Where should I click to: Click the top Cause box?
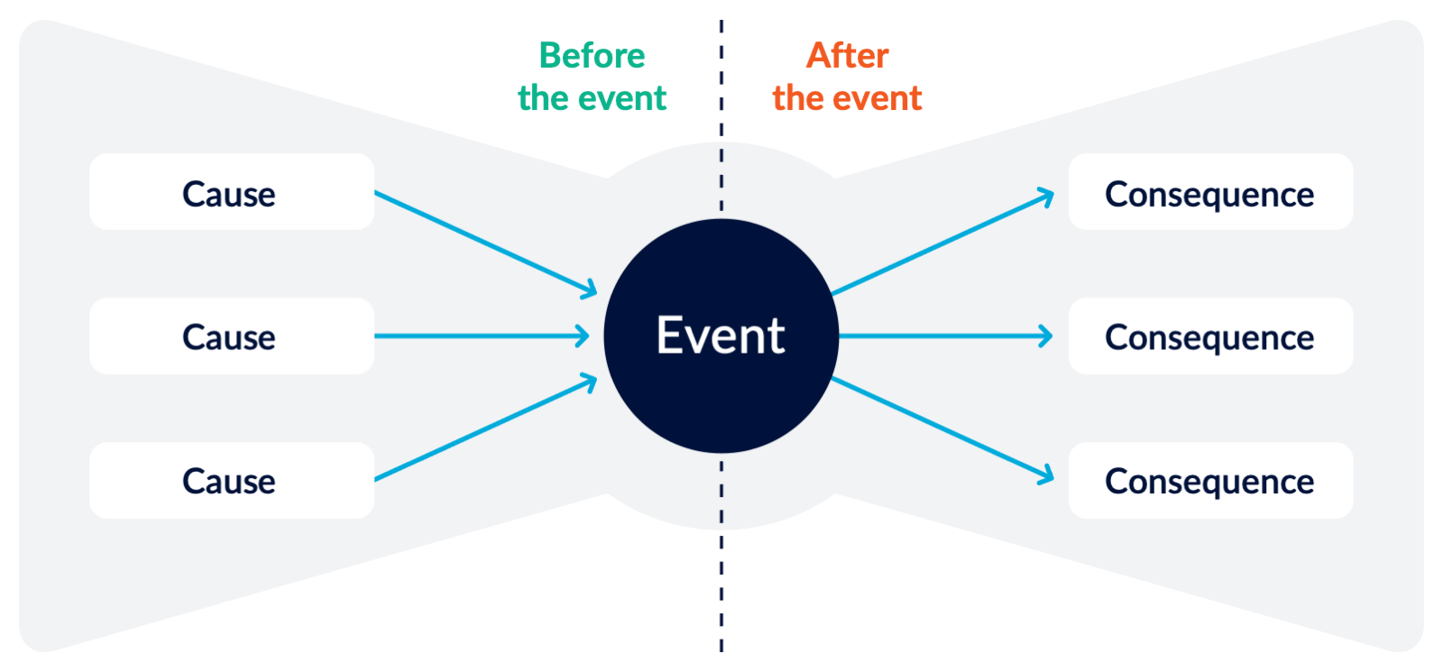pos(231,192)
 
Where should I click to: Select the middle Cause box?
pos(231,336)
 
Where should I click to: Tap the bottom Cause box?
pos(231,480)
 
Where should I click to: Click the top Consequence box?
pos(1210,192)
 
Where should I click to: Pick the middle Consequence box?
pos(1210,336)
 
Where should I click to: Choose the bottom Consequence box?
pos(1210,480)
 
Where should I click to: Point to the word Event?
pos(721,336)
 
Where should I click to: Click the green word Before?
pos(592,56)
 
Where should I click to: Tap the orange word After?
pos(847,56)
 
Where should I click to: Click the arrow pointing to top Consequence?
pos(942,244)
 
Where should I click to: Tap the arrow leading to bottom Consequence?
pos(942,428)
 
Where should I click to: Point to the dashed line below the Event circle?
pos(721,559)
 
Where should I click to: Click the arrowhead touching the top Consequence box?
pos(1046,197)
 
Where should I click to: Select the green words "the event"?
pos(592,98)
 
